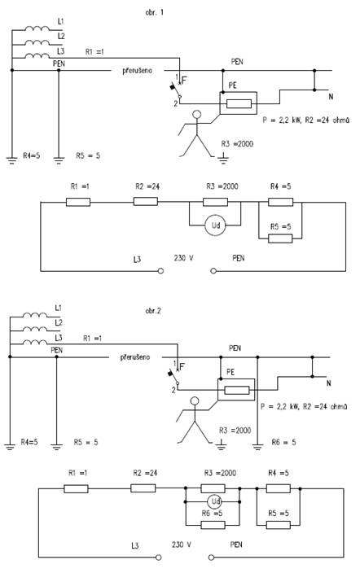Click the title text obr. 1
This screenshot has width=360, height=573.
click(155, 12)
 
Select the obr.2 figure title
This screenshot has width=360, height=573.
click(153, 311)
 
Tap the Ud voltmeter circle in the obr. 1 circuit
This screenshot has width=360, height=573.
click(216, 225)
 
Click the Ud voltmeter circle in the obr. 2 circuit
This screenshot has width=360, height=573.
click(215, 501)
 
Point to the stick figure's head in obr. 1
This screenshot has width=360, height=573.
click(197, 115)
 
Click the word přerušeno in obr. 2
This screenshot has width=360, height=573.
click(135, 357)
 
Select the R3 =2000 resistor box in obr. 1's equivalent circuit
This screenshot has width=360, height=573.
click(215, 202)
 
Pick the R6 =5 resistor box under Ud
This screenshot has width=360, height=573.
click(213, 525)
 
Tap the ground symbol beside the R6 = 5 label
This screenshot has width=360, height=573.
click(257, 446)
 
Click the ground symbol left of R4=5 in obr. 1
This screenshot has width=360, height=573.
click(11, 160)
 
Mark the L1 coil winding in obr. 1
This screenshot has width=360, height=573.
click(37, 28)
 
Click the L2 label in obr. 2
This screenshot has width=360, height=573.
click(59, 322)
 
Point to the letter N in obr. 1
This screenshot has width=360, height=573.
click(331, 97)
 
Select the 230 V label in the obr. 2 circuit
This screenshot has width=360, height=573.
click(182, 545)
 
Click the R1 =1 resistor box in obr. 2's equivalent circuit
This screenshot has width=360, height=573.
click(76, 488)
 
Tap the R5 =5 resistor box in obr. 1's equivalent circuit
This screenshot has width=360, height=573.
click(280, 238)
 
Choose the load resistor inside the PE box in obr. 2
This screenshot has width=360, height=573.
click(237, 391)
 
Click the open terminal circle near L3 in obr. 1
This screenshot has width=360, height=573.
click(160, 271)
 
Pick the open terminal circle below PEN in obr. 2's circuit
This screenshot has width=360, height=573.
click(211, 558)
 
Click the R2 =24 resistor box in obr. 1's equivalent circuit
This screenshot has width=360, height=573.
click(146, 202)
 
